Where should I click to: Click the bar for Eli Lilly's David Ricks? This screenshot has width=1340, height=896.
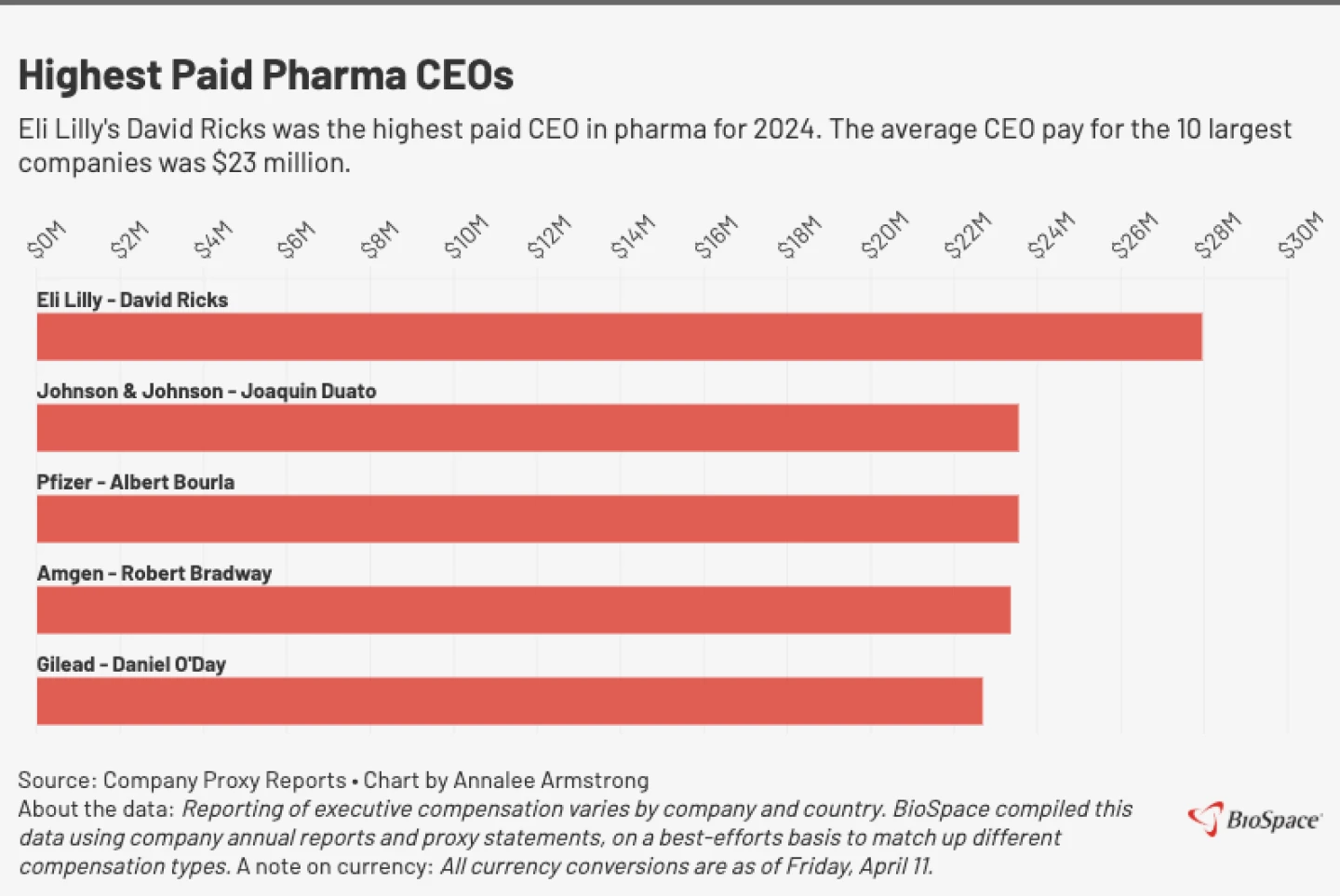619,337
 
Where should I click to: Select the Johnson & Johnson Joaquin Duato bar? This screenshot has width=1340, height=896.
527,428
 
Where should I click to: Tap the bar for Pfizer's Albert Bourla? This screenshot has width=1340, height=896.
527,519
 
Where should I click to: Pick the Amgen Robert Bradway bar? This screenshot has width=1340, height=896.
523,610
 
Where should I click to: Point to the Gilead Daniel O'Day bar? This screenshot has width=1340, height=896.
509,702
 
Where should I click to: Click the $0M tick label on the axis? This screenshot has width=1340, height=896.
47,239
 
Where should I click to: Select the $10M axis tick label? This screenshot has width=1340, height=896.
465,236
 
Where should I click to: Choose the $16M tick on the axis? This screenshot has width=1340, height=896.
716,236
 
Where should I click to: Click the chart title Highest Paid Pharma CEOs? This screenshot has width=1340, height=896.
266,75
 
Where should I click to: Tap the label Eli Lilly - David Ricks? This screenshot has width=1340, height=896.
132,300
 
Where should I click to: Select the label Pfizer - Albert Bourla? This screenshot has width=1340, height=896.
135,482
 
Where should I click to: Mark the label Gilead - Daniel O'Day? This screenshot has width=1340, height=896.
131,664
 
